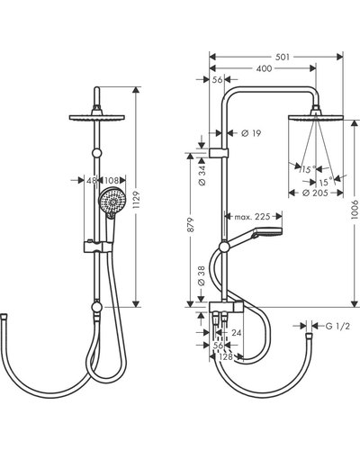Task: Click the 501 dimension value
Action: pyautogui.click(x=283, y=57)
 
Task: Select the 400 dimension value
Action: pyautogui.click(x=264, y=68)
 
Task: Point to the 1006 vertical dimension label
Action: pyautogui.click(x=355, y=210)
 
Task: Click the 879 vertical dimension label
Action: pyautogui.click(x=191, y=224)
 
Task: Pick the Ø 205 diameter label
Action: pyautogui.click(x=315, y=193)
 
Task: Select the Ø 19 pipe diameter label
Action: pyautogui.click(x=251, y=132)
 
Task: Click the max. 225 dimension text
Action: pyautogui.click(x=252, y=216)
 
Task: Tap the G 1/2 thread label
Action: pyautogui.click(x=337, y=326)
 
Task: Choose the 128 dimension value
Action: pyautogui.click(x=226, y=356)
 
